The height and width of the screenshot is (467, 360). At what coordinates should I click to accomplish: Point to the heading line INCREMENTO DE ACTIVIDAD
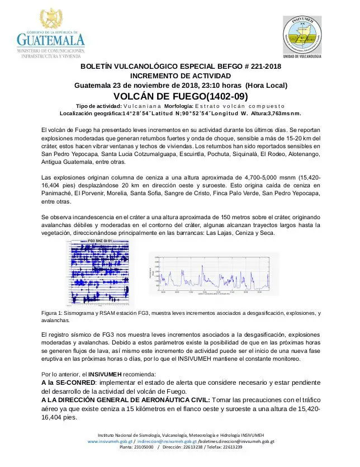pos(181,76)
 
